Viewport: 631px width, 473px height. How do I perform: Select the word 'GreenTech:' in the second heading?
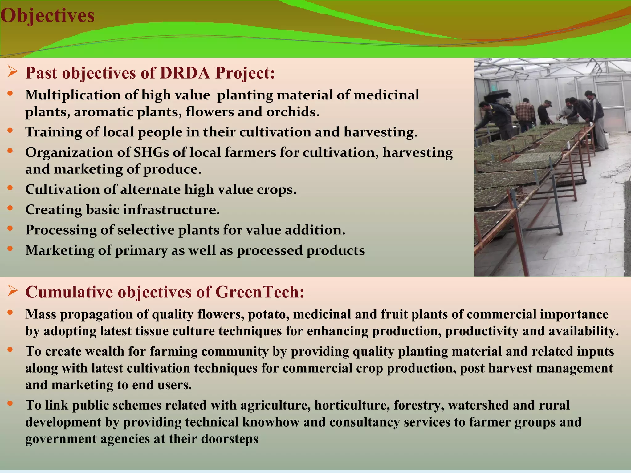(x=260, y=292)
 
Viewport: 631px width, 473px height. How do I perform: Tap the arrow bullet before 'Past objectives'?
(x=13, y=73)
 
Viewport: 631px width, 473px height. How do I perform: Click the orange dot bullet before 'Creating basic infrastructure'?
(x=10, y=208)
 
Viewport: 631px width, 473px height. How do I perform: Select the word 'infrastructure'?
(x=171, y=210)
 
